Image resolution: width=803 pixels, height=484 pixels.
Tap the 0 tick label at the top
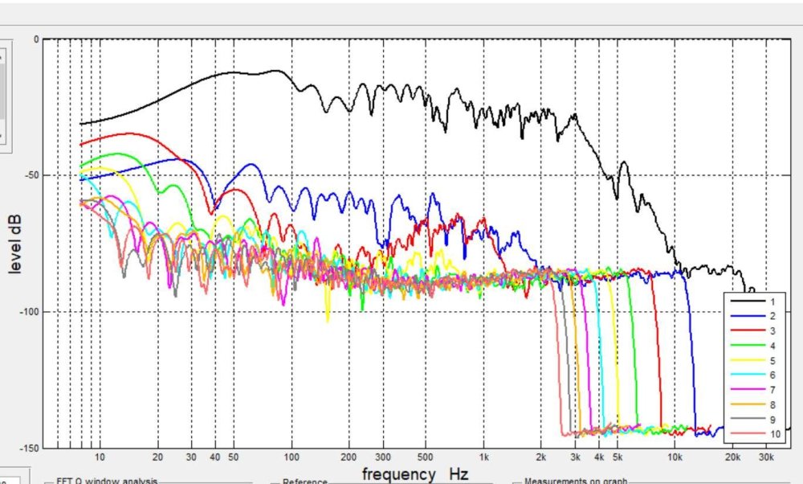pyautogui.click(x=36, y=39)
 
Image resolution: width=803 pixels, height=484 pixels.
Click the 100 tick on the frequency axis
pyautogui.click(x=291, y=457)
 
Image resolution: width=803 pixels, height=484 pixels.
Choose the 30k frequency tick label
pyautogui.click(x=766, y=457)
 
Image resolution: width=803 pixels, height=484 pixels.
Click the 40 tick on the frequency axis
pyautogui.click(x=215, y=457)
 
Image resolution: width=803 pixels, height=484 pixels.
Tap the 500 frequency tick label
pyautogui.click(x=426, y=457)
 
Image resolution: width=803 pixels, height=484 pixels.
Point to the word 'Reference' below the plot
pyautogui.click(x=305, y=481)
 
